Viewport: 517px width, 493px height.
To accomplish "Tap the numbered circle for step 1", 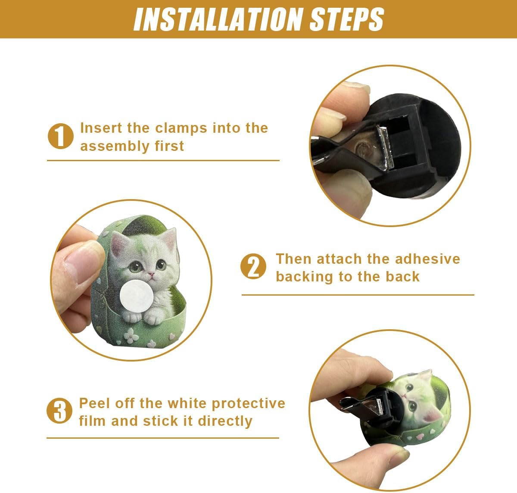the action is pos(60,136).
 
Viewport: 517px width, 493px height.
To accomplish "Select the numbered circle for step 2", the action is pos(253,266).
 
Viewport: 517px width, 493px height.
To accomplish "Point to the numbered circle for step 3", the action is pos(59,411).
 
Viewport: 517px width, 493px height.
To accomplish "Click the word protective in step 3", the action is pos(248,404).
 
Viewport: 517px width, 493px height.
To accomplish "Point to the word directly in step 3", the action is pos(225,421).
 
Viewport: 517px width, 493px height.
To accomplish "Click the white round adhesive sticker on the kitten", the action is pos(137,296).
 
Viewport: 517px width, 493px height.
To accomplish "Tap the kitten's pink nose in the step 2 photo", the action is pos(151,275).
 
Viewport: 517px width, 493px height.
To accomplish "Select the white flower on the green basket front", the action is pos(130,335).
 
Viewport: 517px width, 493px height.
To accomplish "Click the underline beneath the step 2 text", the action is pos(358,295).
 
